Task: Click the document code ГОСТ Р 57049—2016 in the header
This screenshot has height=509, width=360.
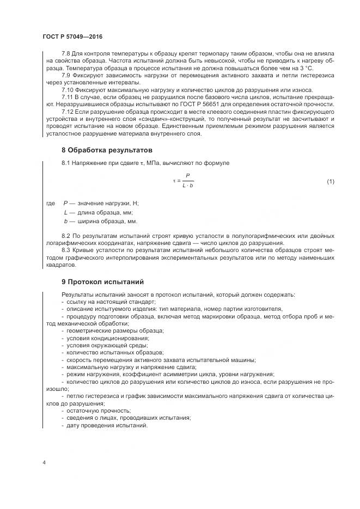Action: pos(72,36)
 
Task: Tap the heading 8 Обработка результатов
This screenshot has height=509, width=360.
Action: pos(107,150)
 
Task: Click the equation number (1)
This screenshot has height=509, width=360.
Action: pos(330,181)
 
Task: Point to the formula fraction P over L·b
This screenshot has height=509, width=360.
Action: pos(187,181)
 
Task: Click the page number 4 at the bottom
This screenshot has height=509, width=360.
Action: pos(44,463)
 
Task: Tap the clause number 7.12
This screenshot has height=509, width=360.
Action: pos(69,112)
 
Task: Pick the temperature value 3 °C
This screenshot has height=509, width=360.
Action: pos(320,69)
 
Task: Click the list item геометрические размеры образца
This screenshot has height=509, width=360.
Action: pos(115,330)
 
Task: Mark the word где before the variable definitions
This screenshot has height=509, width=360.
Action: pos(51,203)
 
